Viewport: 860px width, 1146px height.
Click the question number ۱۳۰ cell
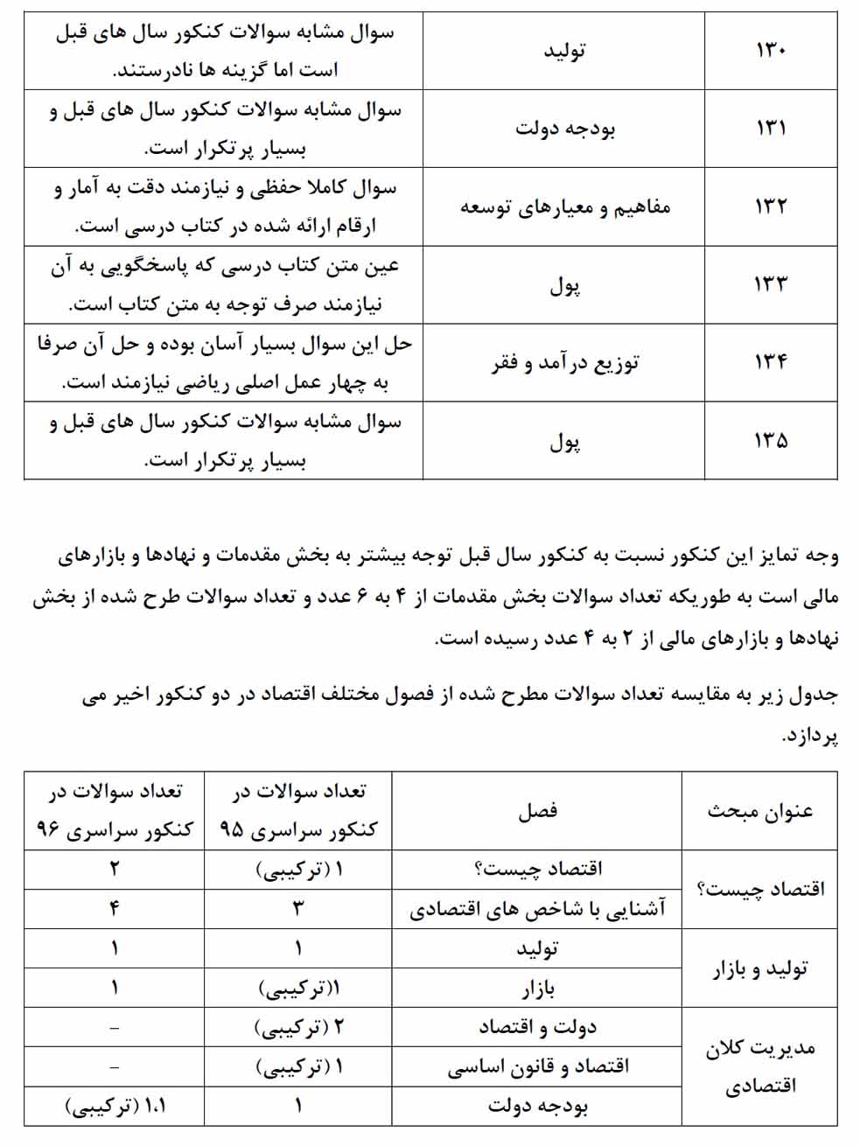(771, 50)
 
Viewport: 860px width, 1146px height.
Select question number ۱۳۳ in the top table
(771, 283)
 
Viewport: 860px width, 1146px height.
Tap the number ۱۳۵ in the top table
(771, 440)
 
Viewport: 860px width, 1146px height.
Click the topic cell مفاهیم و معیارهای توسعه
(564, 206)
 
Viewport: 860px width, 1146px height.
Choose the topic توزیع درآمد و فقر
(564, 362)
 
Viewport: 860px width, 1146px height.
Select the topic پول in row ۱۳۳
(564, 284)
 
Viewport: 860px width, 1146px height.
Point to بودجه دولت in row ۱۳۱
(564, 129)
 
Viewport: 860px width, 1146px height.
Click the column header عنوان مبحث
(759, 811)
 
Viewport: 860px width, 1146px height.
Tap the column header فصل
(537, 811)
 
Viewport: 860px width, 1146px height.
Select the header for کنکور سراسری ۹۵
(298, 811)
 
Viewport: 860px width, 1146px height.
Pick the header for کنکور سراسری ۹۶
(115, 811)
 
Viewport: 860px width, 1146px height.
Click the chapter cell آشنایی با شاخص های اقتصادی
(537, 910)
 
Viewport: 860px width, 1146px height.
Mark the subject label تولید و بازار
(759, 968)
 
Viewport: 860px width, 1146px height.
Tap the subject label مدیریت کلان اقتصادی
(759, 1066)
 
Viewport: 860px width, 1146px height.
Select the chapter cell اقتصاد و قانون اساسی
(537, 1067)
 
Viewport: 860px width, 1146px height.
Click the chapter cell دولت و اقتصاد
(537, 1027)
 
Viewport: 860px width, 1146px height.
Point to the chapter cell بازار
(537, 989)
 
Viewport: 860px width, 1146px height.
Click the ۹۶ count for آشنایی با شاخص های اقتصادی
(115, 910)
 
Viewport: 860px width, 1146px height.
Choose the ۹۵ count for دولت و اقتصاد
(298, 1027)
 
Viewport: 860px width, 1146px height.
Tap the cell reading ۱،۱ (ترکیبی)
(115, 1106)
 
